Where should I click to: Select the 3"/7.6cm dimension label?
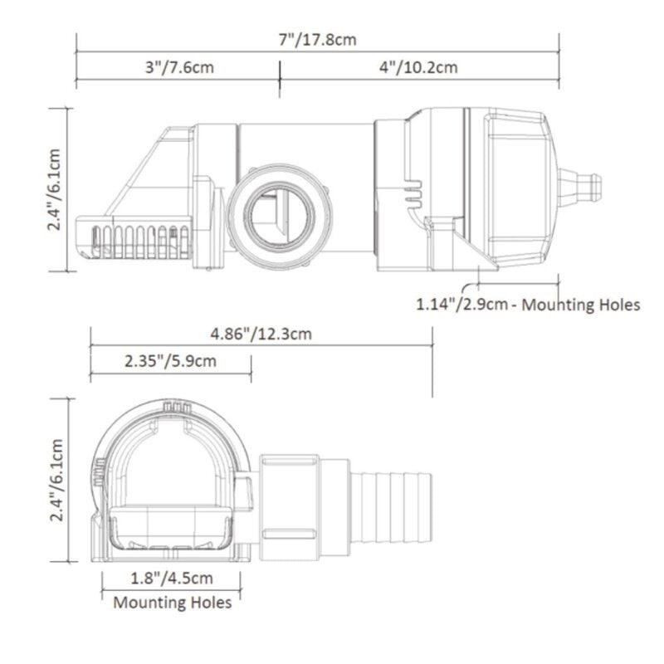pos(178,67)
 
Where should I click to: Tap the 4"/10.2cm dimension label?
pos(418,67)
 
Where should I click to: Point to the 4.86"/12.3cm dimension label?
pos(261,334)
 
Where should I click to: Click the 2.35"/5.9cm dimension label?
pos(170,361)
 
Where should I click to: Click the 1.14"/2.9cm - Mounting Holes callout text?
pos(528,305)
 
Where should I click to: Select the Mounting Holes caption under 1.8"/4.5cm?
pos(172,602)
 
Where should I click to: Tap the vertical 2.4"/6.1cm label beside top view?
pos(54,189)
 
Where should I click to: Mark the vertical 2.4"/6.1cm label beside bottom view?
pos(54,480)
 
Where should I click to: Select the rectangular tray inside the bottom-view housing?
pos(170,528)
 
